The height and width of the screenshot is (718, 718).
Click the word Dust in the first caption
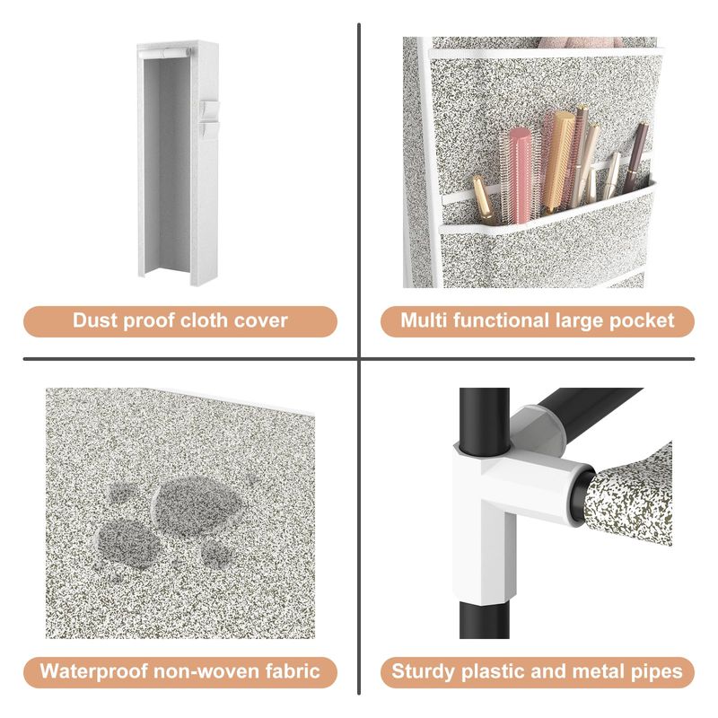[x=95, y=320]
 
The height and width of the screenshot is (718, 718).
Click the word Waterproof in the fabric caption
[x=94, y=671]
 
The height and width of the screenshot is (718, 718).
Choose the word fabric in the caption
[x=293, y=671]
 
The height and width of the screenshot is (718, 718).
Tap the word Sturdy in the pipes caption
[x=424, y=672]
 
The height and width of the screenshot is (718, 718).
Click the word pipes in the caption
[x=655, y=672]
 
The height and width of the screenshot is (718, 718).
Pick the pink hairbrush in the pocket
[x=521, y=175]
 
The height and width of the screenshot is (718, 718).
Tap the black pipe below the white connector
[x=485, y=619]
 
